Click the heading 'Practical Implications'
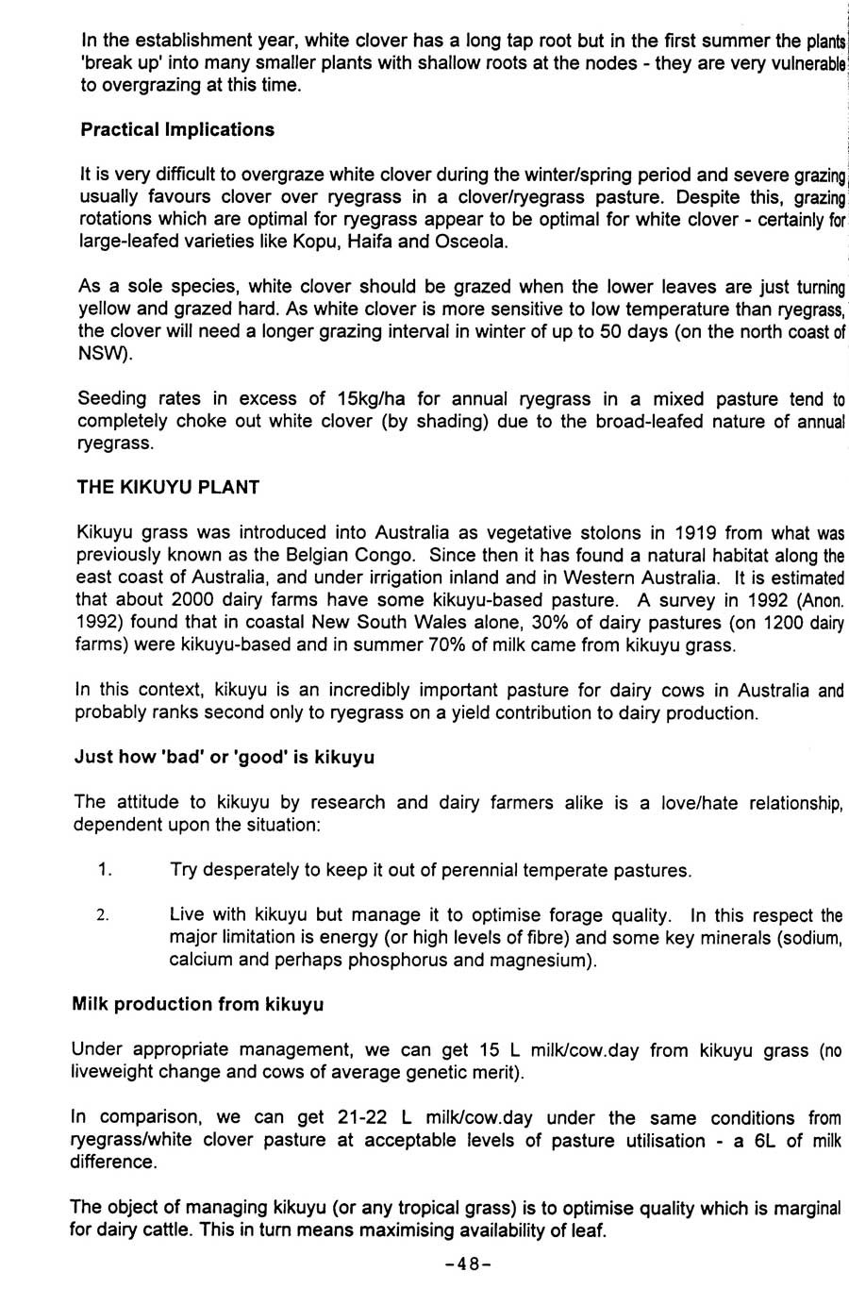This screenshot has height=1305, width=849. (177, 129)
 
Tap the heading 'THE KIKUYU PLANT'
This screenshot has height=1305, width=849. (168, 487)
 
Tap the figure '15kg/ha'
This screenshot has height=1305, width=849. (370, 398)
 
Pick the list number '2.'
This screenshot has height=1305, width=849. (105, 915)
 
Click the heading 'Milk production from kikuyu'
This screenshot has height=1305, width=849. (198, 1004)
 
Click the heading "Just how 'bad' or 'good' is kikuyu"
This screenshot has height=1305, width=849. (225, 757)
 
